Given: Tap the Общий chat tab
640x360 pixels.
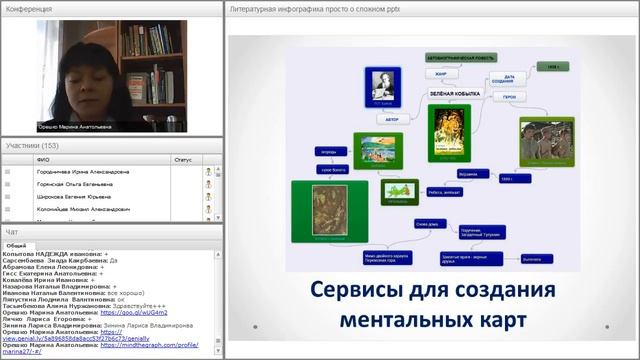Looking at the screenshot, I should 16,244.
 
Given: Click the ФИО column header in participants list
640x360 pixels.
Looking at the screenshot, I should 42,158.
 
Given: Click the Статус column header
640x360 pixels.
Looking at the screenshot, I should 182,158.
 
